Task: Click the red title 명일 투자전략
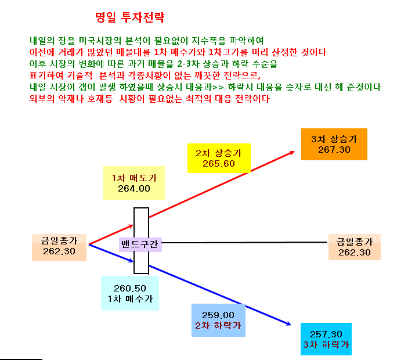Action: point(129,17)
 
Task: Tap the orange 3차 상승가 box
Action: point(334,144)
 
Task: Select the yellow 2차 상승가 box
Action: point(219,159)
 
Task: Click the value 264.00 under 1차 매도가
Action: point(134,189)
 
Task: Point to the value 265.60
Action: point(219,164)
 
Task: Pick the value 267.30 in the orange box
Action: point(334,150)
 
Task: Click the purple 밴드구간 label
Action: point(140,244)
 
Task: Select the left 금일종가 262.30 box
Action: point(59,247)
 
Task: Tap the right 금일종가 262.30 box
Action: point(355,247)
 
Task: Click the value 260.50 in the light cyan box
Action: point(130,289)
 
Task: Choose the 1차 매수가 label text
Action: point(130,299)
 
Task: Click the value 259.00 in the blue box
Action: point(218,315)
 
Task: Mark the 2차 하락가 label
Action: point(218,326)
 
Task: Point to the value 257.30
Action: point(326,334)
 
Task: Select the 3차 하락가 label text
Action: point(326,345)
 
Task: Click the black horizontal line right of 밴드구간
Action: point(244,243)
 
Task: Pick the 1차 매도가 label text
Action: point(134,178)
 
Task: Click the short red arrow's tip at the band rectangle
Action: point(133,226)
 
